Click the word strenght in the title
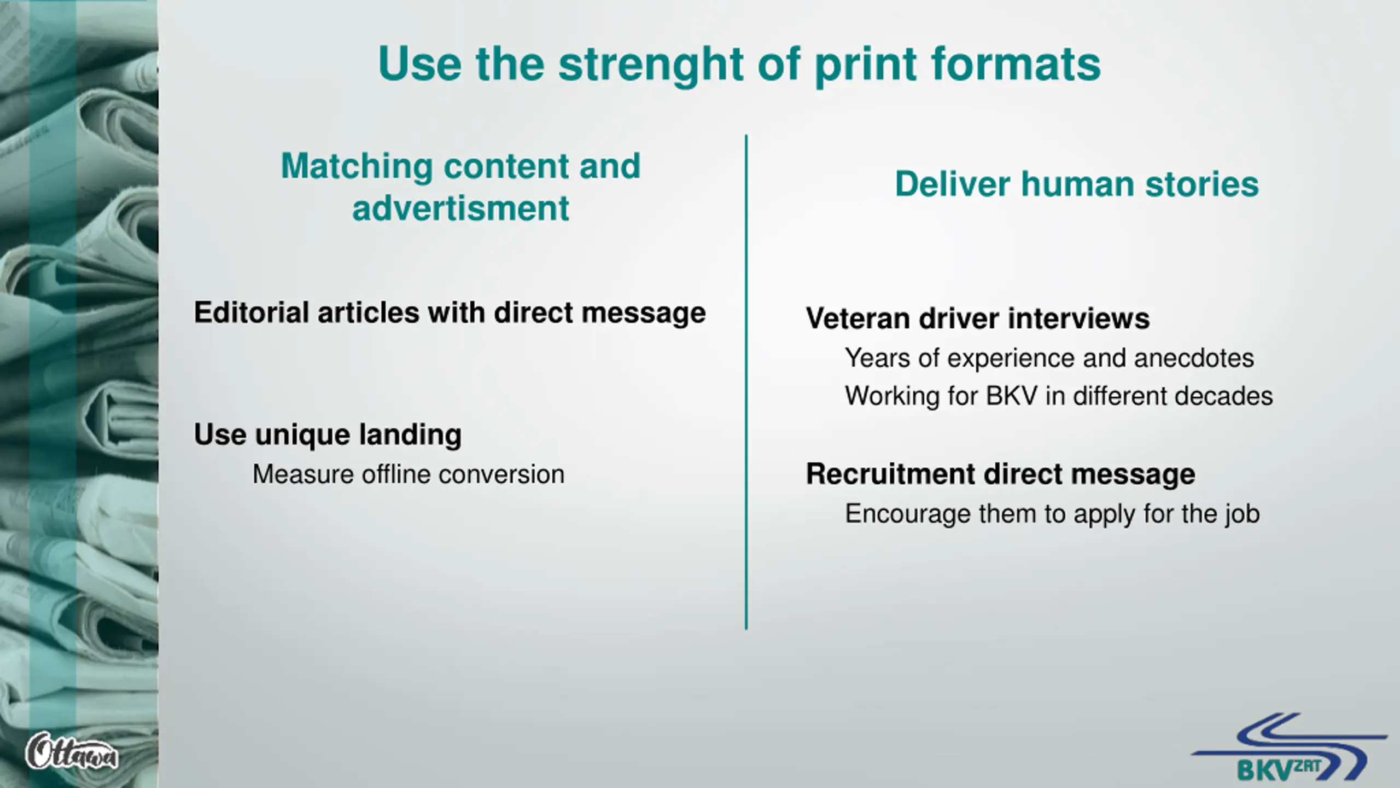pos(651,65)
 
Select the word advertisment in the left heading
pos(460,208)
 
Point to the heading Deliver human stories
pos(1076,184)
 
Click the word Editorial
pos(251,312)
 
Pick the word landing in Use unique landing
pos(410,435)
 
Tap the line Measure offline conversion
pos(408,474)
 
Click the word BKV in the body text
pos(1011,396)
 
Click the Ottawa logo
pos(71,751)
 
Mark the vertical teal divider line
pos(746,383)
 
